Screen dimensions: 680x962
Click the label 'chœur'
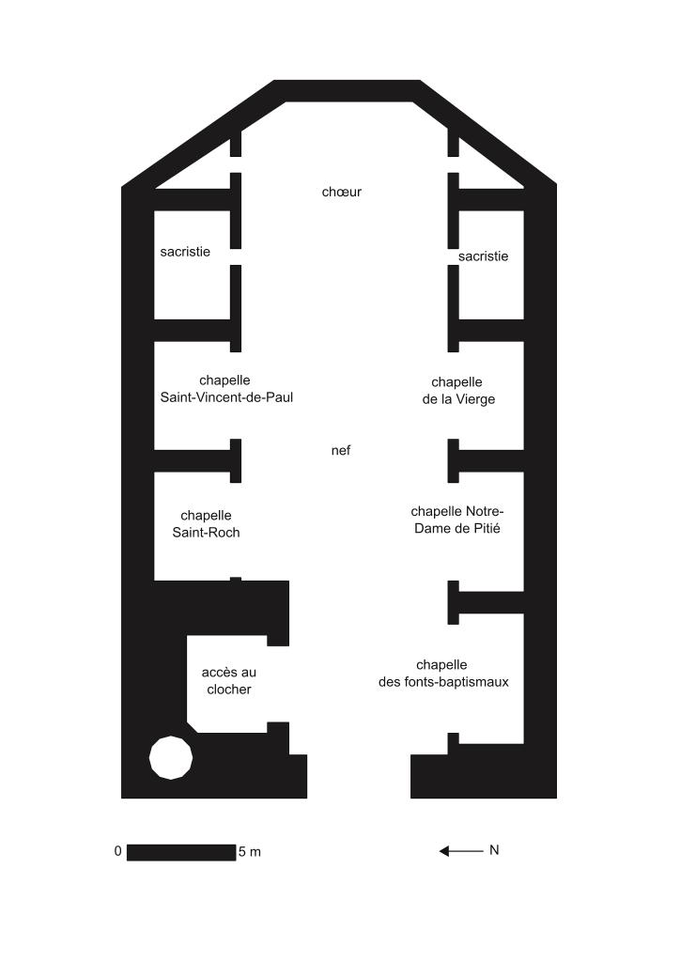pos(342,192)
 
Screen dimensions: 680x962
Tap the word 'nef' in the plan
pos(341,450)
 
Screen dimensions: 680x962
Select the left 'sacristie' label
pos(185,252)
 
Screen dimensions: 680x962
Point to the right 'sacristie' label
pos(483,256)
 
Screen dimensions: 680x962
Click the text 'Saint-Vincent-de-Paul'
pos(227,397)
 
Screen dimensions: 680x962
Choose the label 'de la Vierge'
pos(458,399)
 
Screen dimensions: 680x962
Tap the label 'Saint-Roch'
pos(206,533)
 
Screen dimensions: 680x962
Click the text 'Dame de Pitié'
pos(457,528)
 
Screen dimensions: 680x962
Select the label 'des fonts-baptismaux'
pos(443,682)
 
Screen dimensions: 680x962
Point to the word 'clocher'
pos(229,690)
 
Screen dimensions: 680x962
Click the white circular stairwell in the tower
pos(171,758)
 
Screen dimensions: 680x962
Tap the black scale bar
pos(181,852)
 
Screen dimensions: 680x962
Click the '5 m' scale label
pos(250,851)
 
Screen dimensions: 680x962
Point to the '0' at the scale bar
pos(117,851)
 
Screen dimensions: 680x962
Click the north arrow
pos(461,851)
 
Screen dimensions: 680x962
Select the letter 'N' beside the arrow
pos(494,850)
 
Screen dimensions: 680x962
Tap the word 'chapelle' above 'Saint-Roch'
pos(206,516)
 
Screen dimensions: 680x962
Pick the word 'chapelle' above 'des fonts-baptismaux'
pos(441,665)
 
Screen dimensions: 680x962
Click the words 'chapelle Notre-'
pos(457,511)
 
